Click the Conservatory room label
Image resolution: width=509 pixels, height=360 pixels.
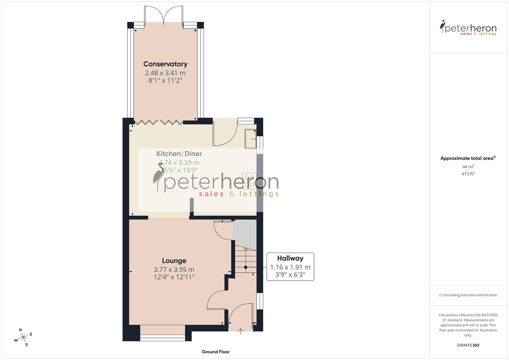coord(165,64)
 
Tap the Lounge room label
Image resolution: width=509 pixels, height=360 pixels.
coord(174,261)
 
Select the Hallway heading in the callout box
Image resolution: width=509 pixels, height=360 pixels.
coord(290,258)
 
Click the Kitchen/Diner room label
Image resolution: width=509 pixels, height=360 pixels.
coord(179,154)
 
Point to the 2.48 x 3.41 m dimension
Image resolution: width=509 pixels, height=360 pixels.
coord(165,73)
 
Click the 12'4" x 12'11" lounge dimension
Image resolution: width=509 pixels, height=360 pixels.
coord(174,277)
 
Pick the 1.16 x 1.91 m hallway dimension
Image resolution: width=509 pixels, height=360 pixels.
coord(290,267)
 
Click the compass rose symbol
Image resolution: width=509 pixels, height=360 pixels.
coord(23,337)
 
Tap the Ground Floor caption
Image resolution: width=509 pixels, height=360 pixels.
coord(216,352)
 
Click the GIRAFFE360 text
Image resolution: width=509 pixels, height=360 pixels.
coord(468,345)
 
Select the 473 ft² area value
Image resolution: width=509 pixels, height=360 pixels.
coord(468,174)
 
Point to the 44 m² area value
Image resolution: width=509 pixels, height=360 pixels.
coord(468,167)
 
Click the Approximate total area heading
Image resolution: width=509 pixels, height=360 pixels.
coord(468,158)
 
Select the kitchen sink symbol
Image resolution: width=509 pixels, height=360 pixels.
coord(251,139)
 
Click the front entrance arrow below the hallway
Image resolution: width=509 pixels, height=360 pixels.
coord(241,331)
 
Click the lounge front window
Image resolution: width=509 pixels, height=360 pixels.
coord(163,338)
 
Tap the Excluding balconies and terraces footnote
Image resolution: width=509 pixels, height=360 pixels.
coord(468,295)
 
